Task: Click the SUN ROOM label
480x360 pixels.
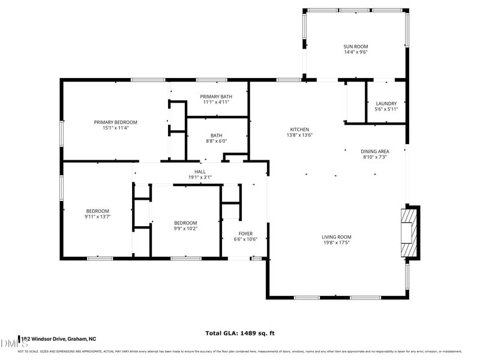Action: [355, 46]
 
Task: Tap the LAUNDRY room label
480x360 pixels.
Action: [386, 103]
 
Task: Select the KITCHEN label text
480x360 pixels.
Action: [299, 130]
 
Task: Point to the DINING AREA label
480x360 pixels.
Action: [374, 151]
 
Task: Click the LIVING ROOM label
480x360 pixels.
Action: [336, 237]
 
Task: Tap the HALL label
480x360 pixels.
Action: [200, 172]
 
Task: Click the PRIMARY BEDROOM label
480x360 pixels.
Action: [115, 122]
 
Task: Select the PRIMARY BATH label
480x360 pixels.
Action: [216, 97]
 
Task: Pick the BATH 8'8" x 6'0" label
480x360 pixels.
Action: [216, 136]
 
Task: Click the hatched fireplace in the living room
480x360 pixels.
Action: [409, 232]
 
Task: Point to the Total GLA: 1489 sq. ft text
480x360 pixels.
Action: [240, 333]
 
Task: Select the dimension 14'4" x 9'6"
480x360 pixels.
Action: [355, 52]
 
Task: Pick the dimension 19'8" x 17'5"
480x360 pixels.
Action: [336, 243]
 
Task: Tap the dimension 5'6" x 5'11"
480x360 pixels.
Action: [386, 109]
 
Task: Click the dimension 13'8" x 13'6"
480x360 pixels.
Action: [299, 135]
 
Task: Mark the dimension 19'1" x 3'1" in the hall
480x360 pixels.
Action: [200, 177]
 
